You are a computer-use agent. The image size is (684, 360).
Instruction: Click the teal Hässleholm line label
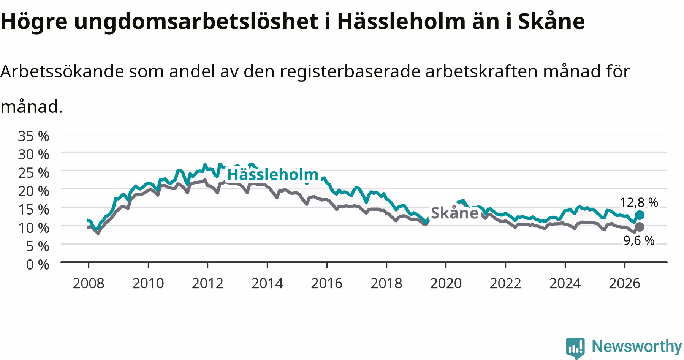(x=273, y=175)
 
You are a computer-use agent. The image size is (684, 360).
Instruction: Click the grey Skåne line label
(x=454, y=213)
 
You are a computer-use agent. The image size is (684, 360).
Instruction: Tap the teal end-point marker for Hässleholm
(x=640, y=215)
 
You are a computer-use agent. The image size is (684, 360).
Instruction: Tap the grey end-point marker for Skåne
(x=640, y=227)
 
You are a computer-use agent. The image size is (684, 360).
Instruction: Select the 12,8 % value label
(x=639, y=202)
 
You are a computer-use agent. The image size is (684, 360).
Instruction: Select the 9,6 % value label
(x=639, y=240)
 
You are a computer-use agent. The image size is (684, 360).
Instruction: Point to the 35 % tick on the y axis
(x=33, y=136)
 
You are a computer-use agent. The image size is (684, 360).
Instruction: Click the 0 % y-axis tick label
(x=38, y=264)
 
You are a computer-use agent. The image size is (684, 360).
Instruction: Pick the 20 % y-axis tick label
(x=33, y=191)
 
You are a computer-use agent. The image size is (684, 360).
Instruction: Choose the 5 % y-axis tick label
(x=38, y=246)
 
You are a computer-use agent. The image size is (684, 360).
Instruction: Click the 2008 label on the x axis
(x=89, y=283)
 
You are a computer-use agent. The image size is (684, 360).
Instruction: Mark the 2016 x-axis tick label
(x=327, y=283)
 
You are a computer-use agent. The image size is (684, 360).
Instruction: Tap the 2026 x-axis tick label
(x=625, y=283)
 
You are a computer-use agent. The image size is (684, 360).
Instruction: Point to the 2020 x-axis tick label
(x=446, y=283)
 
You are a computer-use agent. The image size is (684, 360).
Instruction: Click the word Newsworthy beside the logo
(x=637, y=346)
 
